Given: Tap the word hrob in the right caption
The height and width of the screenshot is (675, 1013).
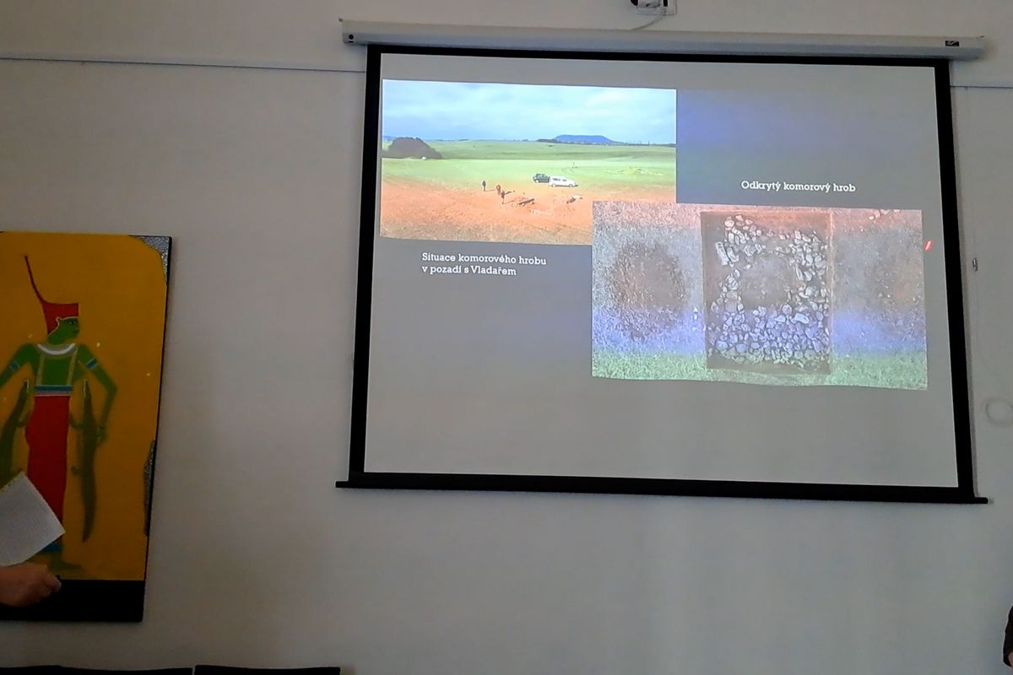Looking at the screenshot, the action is coord(843,187).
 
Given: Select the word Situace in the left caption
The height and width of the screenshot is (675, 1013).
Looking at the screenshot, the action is coord(438,257).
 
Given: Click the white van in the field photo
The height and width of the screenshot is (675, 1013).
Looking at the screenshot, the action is coord(562,181).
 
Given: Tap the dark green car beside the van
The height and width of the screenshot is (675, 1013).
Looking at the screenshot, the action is coord(541,178).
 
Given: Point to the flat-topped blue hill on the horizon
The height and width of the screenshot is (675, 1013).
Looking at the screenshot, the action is coord(579,139).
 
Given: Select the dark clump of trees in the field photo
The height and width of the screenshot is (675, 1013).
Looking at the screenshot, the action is coord(412,148).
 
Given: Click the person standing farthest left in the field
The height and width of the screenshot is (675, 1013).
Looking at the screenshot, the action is coord(484,186).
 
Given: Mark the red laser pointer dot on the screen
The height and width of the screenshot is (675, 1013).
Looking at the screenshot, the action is coord(928,246).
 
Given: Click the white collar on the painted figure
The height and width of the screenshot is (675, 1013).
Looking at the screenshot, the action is coord(57,348).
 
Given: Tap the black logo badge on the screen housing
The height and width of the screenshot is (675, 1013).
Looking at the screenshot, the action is coord(951,44).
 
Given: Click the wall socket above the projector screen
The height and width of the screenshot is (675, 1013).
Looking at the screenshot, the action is coord(655,6).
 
